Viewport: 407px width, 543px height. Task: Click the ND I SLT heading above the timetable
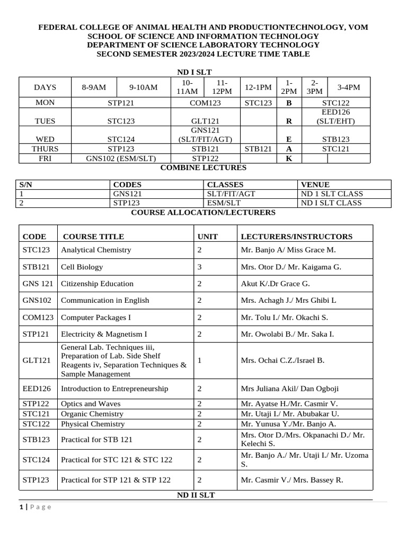pyautogui.click(x=194, y=72)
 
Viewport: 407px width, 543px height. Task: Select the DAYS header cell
pyautogui.click(x=45, y=87)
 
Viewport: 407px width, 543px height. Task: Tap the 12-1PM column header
pyautogui.click(x=258, y=87)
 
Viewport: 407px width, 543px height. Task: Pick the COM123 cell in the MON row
pyautogui.click(x=205, y=103)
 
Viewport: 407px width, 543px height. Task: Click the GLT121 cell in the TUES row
pyautogui.click(x=205, y=121)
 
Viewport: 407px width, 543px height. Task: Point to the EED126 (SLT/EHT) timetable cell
pyautogui.click(x=336, y=117)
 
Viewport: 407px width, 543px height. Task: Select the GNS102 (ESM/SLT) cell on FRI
pyautogui.click(x=121, y=158)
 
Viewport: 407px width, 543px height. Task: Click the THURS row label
pyautogui.click(x=45, y=149)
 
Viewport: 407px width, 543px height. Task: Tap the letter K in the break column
pyautogui.click(x=289, y=158)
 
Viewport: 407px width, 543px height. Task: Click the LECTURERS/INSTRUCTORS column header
pyautogui.click(x=296, y=237)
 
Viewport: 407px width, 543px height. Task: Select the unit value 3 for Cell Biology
pyautogui.click(x=199, y=267)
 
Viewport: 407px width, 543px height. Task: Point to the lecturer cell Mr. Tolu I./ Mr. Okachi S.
pyautogui.click(x=284, y=318)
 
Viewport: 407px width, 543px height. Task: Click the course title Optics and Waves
pyautogui.click(x=91, y=404)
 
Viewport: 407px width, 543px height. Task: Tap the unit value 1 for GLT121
pyautogui.click(x=199, y=361)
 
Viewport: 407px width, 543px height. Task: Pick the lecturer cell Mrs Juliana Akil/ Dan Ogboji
pyautogui.click(x=293, y=389)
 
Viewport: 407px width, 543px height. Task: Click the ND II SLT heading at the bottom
pyautogui.click(x=196, y=495)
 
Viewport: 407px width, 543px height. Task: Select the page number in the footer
pyautogui.click(x=21, y=507)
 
